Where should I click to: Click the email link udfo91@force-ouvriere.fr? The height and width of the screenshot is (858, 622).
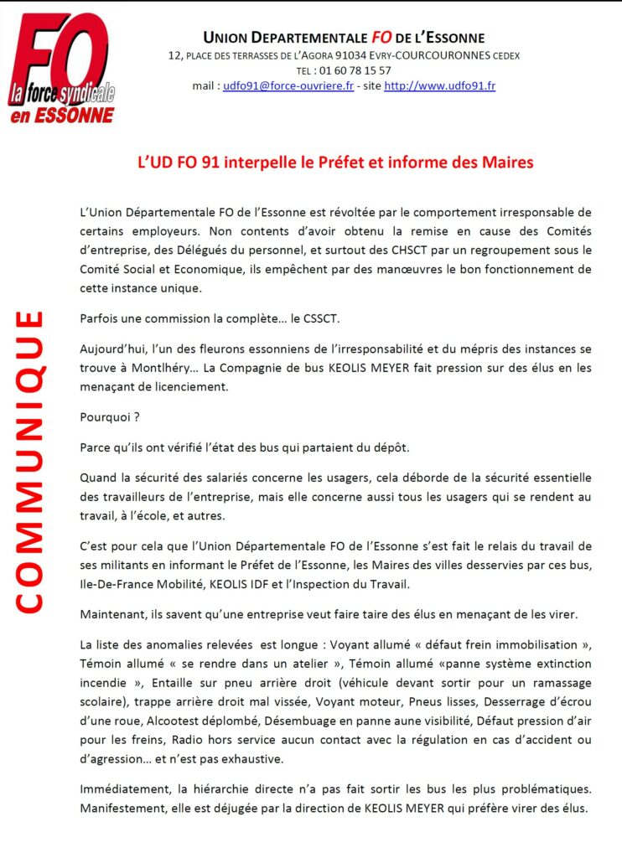click(x=288, y=85)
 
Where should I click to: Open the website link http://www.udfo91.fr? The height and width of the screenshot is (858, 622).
click(x=439, y=85)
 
